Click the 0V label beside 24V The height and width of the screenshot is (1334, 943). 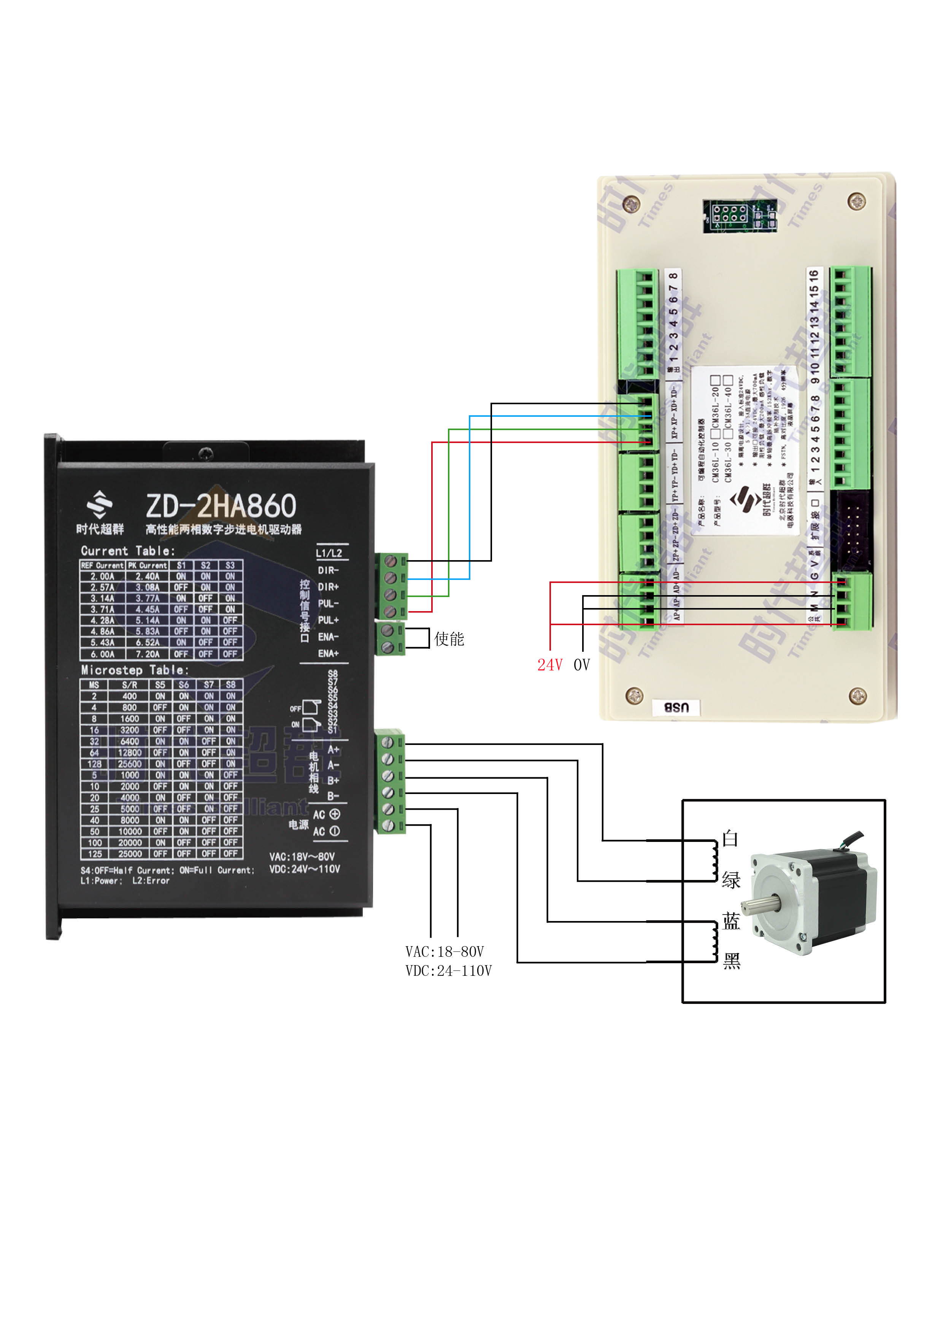pyautogui.click(x=582, y=665)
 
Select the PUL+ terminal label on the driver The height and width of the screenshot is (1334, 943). pyautogui.click(x=328, y=620)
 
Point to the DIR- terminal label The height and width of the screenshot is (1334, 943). pyautogui.click(x=328, y=570)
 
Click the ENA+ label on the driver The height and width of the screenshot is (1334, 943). pyautogui.click(x=328, y=654)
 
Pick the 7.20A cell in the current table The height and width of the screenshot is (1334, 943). pyautogui.click(x=148, y=654)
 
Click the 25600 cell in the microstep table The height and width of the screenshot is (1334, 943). pyautogui.click(x=130, y=764)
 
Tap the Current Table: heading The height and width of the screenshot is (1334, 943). pyautogui.click(x=127, y=551)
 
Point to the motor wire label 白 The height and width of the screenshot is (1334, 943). pyautogui.click(x=730, y=839)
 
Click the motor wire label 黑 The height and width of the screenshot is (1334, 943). pyautogui.click(x=732, y=962)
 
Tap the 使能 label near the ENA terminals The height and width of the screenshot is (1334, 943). pyautogui.click(x=449, y=639)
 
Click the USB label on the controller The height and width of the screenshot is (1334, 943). pyautogui.click(x=676, y=707)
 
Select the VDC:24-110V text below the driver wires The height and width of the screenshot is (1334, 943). pyautogui.click(x=449, y=971)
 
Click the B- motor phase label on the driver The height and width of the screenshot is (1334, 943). pyautogui.click(x=333, y=796)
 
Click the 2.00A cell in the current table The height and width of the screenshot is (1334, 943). pyautogui.click(x=102, y=576)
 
